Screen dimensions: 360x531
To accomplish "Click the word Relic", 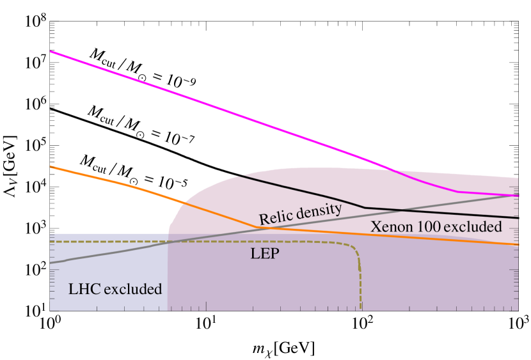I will click(x=274, y=217).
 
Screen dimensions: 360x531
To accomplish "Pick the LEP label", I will click(x=264, y=253).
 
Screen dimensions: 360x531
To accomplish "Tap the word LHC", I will click(x=84, y=290).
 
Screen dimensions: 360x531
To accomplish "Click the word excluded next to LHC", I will click(x=132, y=290).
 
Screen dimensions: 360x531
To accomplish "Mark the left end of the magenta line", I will click(x=51, y=51).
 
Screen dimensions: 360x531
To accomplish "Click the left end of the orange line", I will click(x=51, y=167).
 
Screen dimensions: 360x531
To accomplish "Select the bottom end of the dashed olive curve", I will click(x=361, y=309).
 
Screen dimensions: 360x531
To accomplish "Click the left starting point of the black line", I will click(x=237, y=176).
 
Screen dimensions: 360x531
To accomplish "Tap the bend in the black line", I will click(x=365, y=207).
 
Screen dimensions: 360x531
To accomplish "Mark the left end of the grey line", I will click(x=51, y=262).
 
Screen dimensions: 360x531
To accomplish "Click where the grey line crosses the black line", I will click(x=398, y=210).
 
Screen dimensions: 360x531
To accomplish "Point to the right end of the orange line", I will click(x=517, y=244).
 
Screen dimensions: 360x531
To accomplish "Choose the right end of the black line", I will click(x=517, y=218).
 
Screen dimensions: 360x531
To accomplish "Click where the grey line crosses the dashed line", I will click(x=178, y=241).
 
